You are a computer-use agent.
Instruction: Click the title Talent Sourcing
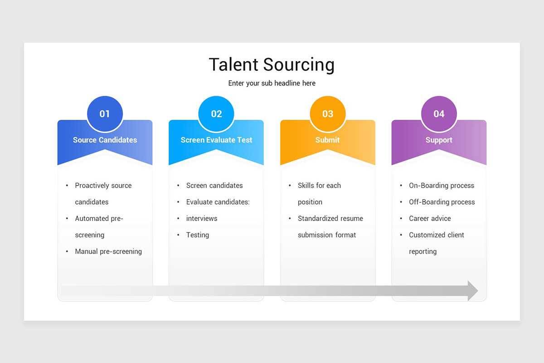(272, 64)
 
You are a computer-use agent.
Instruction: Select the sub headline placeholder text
(272, 83)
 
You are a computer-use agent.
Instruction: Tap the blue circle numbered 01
(105, 114)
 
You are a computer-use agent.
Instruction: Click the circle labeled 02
(216, 114)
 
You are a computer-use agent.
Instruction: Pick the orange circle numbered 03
(328, 114)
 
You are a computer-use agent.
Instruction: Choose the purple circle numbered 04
(439, 114)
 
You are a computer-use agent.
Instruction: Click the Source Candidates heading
(105, 140)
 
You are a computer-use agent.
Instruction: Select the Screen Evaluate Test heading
(216, 140)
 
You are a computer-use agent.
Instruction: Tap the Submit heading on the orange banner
(327, 140)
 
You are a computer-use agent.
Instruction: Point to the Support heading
(439, 140)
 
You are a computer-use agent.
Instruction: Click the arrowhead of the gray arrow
(472, 291)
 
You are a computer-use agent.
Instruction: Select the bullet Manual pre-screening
(108, 251)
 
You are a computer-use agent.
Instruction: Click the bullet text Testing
(198, 235)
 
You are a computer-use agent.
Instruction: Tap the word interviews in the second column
(202, 218)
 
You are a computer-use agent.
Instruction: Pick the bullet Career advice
(430, 218)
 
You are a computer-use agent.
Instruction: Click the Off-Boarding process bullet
(442, 202)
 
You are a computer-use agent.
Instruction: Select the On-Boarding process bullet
(442, 186)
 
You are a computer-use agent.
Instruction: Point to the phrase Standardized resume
(330, 218)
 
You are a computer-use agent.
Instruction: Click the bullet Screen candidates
(214, 186)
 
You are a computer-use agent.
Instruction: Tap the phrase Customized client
(437, 235)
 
